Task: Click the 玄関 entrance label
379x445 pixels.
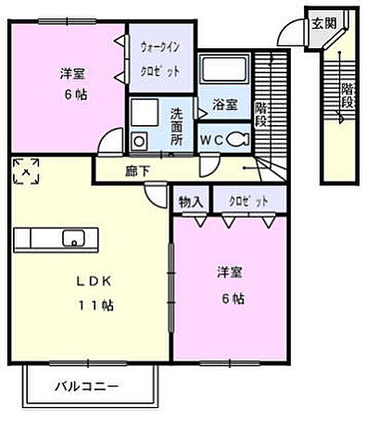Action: pyautogui.click(x=323, y=24)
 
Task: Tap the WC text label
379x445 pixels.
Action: pyautogui.click(x=212, y=139)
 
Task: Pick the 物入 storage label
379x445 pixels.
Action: pyautogui.click(x=192, y=199)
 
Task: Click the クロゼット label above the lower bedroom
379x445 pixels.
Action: pyautogui.click(x=245, y=199)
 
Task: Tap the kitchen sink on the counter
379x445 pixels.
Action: pyautogui.click(x=71, y=239)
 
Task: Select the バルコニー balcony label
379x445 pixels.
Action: pyautogui.click(x=84, y=385)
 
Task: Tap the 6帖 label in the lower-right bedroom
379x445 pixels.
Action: pyautogui.click(x=233, y=298)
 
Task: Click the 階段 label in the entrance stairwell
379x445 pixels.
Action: pyautogui.click(x=347, y=95)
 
